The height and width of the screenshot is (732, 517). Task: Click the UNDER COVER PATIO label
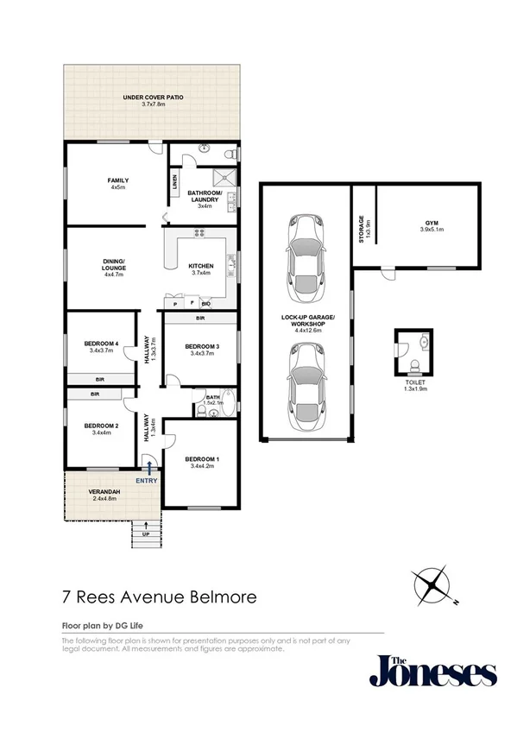click(150, 99)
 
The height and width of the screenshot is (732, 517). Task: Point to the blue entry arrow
click(150, 468)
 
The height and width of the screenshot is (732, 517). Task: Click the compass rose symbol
click(432, 587)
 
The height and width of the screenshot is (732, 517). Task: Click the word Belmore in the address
click(216, 596)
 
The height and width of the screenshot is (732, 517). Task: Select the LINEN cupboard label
click(174, 182)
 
